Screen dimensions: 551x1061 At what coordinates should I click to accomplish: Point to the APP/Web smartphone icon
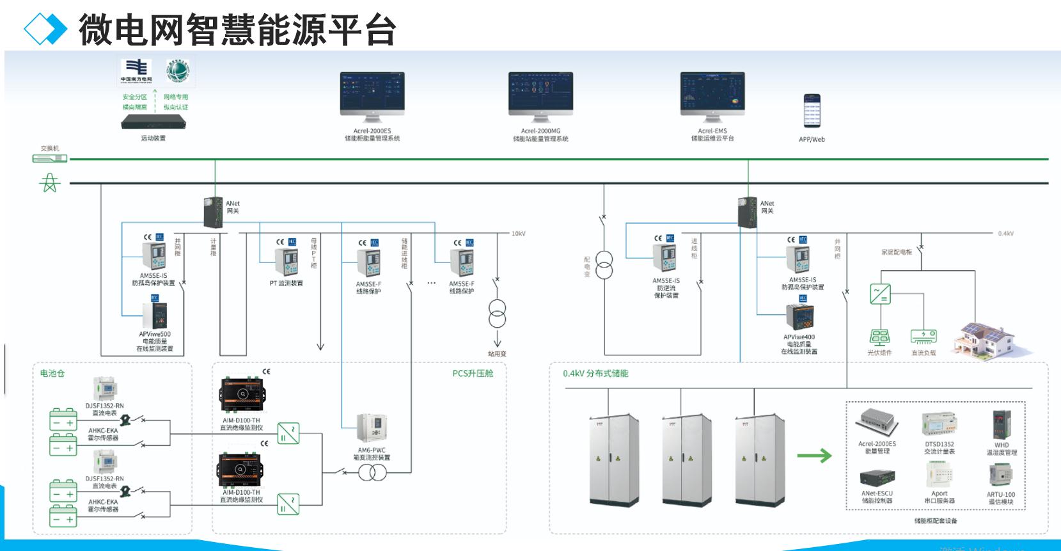(x=812, y=111)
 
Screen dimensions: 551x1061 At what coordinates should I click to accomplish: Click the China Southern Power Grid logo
(x=137, y=70)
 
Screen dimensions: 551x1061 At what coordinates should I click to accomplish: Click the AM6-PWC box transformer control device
(x=372, y=427)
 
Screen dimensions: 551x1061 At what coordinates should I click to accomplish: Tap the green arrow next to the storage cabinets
(x=814, y=456)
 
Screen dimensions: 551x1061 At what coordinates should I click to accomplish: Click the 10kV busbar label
(x=518, y=234)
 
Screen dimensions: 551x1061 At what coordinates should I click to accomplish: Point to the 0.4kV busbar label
(x=1005, y=234)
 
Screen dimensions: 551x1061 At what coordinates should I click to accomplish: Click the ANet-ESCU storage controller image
(x=877, y=477)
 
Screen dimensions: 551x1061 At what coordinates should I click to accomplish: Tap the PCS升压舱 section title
(x=473, y=373)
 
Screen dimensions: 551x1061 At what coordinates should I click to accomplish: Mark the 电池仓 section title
(x=52, y=373)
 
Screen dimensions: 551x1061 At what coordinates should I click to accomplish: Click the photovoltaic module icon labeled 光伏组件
(x=879, y=337)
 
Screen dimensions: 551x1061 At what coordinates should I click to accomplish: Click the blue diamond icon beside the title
(x=45, y=29)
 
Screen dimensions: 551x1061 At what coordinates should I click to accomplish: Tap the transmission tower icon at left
(x=50, y=183)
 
